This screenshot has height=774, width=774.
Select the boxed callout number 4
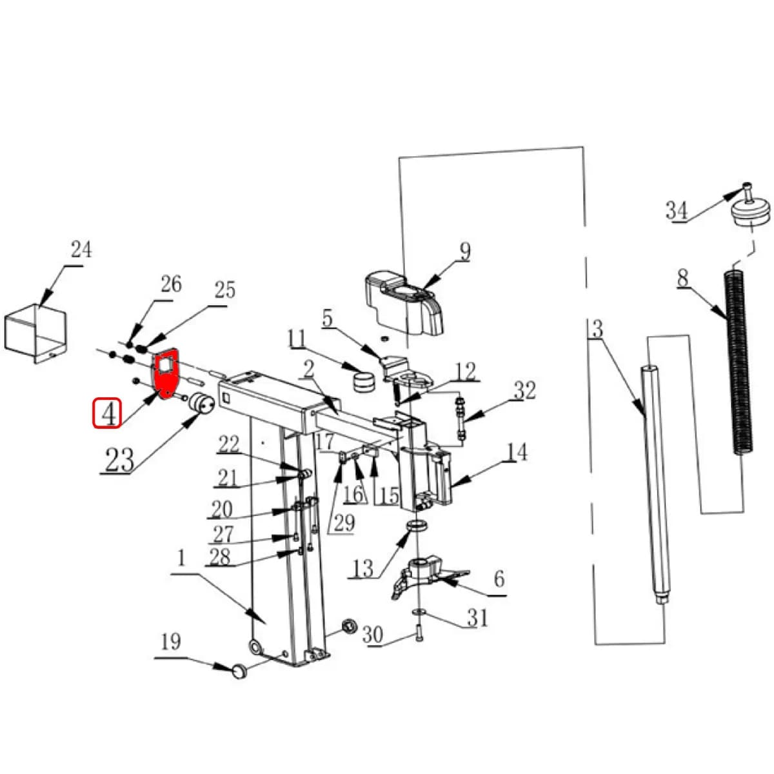click(x=107, y=413)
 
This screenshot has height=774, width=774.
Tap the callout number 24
click(x=81, y=250)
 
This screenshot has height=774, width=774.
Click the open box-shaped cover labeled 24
click(x=35, y=333)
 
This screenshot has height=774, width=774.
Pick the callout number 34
click(x=677, y=210)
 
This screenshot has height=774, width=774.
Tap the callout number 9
click(x=464, y=251)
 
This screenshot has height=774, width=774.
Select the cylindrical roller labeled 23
click(x=201, y=403)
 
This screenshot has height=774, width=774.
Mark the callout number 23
click(x=119, y=459)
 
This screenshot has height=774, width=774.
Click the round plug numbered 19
click(x=240, y=671)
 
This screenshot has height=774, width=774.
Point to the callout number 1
click(x=181, y=559)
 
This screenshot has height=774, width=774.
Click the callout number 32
click(x=524, y=390)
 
